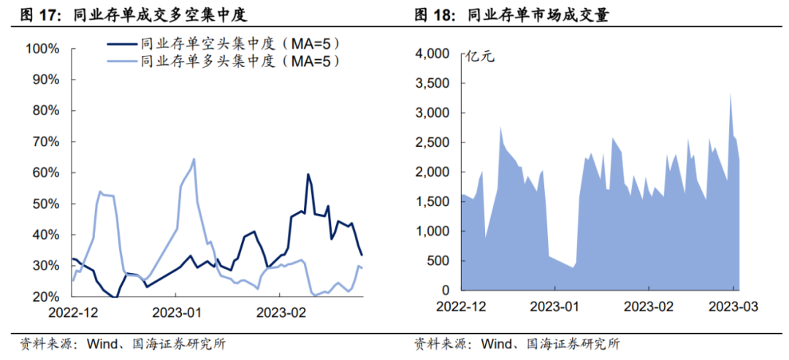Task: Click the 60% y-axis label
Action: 45,173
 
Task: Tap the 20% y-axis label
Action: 45,297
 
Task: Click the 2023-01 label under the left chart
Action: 176,313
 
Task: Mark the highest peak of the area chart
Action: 731,93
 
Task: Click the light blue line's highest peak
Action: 194,159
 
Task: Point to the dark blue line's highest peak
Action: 308,174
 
